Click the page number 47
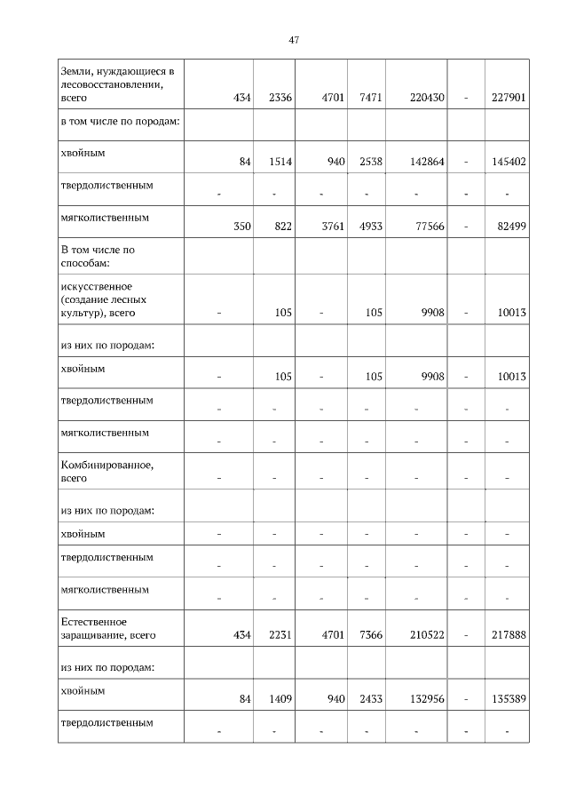[x=294, y=40]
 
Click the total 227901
[x=509, y=97]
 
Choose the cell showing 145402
[x=509, y=162]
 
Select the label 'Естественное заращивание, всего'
[x=106, y=628]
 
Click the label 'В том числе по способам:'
[x=97, y=256]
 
